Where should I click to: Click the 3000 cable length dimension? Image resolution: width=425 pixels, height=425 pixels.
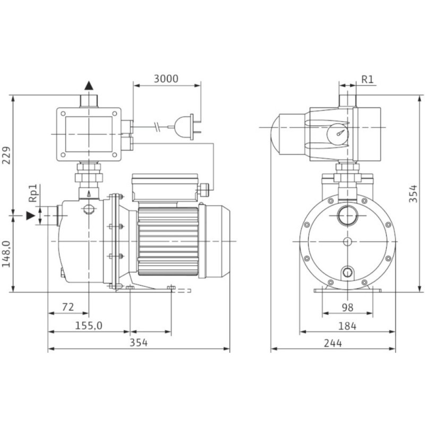166,79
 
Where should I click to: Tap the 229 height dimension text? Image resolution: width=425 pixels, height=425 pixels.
6,155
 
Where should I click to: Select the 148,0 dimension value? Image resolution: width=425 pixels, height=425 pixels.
6,254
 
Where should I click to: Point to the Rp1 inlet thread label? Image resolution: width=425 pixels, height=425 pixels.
33,193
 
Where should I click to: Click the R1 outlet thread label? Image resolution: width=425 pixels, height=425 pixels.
368,79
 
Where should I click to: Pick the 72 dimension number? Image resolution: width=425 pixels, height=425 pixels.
68,307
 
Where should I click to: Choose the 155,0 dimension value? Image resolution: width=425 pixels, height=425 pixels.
89,326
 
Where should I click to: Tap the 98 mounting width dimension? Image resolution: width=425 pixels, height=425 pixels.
347,308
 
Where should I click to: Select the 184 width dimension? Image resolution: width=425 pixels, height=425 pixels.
347,326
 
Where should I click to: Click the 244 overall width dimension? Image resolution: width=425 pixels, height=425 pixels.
333,343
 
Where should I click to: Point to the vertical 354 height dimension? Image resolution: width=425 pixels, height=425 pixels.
413,193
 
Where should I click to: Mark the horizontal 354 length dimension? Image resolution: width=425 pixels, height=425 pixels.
139,343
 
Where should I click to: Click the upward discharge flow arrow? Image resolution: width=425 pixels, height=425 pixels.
89,86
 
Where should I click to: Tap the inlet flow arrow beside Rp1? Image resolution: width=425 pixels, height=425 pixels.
31,216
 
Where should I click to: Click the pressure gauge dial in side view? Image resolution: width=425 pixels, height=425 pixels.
337,134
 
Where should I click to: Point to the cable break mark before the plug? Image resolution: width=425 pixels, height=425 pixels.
157,126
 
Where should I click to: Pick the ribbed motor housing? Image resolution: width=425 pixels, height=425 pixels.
168,241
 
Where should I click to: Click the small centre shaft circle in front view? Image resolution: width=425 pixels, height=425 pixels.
347,241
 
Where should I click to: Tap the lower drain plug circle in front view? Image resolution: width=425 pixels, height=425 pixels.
347,272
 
